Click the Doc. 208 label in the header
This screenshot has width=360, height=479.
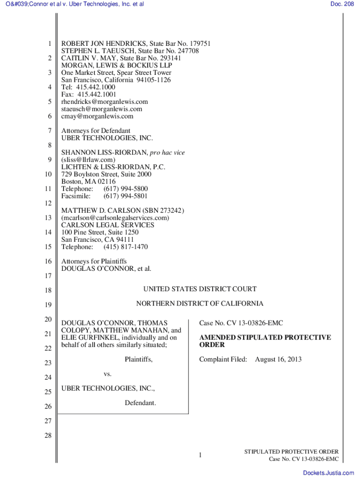(x=343, y=4)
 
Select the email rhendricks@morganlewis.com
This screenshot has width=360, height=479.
(x=105, y=102)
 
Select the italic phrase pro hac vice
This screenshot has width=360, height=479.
(x=167, y=152)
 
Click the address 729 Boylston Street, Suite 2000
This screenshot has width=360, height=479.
(x=107, y=174)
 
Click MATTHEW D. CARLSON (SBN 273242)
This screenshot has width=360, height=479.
(x=123, y=210)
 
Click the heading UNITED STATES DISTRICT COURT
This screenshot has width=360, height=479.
(x=200, y=289)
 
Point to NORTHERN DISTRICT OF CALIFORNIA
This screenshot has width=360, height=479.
(x=200, y=304)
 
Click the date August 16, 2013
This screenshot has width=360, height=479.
(x=278, y=359)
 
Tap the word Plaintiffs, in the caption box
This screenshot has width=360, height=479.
(x=138, y=359)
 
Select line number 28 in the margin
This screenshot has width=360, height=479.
(x=48, y=435)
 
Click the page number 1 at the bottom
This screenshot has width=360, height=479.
(x=200, y=455)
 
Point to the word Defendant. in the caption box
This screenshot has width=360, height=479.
(x=140, y=403)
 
